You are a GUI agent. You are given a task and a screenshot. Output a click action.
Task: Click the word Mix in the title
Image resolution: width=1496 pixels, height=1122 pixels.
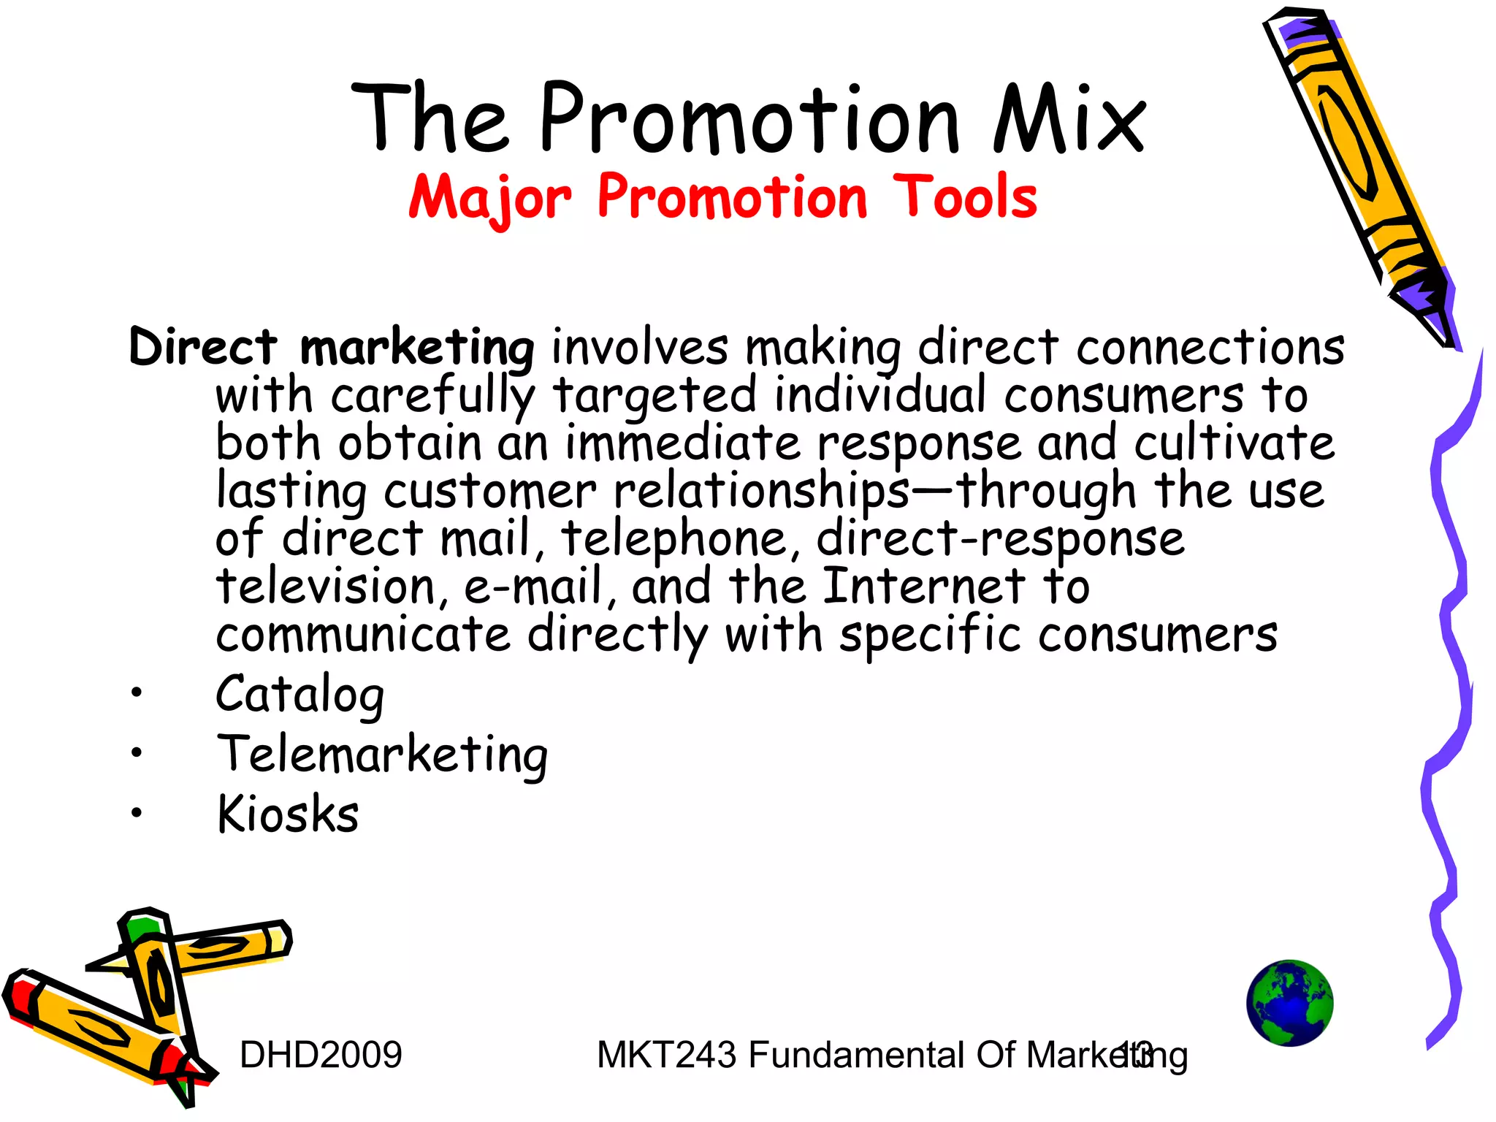click(1069, 119)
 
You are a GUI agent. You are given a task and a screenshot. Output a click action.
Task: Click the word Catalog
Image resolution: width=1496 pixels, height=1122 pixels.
click(299, 694)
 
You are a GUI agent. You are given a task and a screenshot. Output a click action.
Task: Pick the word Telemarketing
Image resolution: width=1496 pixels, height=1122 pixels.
click(382, 755)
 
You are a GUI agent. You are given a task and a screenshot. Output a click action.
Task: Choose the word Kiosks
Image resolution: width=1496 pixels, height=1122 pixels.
click(288, 814)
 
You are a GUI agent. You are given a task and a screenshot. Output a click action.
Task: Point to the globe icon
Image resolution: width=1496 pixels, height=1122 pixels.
click(1289, 1003)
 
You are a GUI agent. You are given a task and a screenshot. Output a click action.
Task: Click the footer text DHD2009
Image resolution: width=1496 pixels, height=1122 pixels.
click(321, 1055)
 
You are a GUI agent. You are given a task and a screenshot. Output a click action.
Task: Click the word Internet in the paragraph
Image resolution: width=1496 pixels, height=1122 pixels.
click(923, 587)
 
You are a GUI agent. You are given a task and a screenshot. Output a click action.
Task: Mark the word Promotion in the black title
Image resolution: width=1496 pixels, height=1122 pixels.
click(749, 119)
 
